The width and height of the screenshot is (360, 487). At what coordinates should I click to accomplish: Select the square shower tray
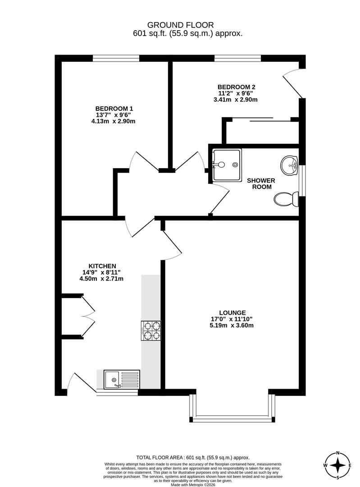tap(227, 165)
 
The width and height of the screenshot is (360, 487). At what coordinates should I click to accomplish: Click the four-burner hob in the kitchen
tap(151, 331)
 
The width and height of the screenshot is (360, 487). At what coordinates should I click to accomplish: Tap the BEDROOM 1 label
tap(114, 108)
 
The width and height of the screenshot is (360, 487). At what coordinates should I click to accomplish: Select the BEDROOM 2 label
tap(236, 87)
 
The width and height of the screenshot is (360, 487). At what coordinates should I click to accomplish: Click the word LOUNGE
tap(232, 312)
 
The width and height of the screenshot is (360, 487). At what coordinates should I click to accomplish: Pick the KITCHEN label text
tap(102, 266)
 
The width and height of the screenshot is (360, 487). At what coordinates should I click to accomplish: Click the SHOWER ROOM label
tap(260, 184)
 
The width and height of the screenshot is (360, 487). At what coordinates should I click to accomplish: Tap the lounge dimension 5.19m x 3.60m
tap(232, 325)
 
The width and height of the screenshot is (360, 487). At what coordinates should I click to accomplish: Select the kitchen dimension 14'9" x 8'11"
tap(102, 272)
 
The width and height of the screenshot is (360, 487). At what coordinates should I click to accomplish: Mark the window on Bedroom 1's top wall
tap(116, 58)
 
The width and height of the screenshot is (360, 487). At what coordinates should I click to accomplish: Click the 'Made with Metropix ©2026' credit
tap(187, 485)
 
